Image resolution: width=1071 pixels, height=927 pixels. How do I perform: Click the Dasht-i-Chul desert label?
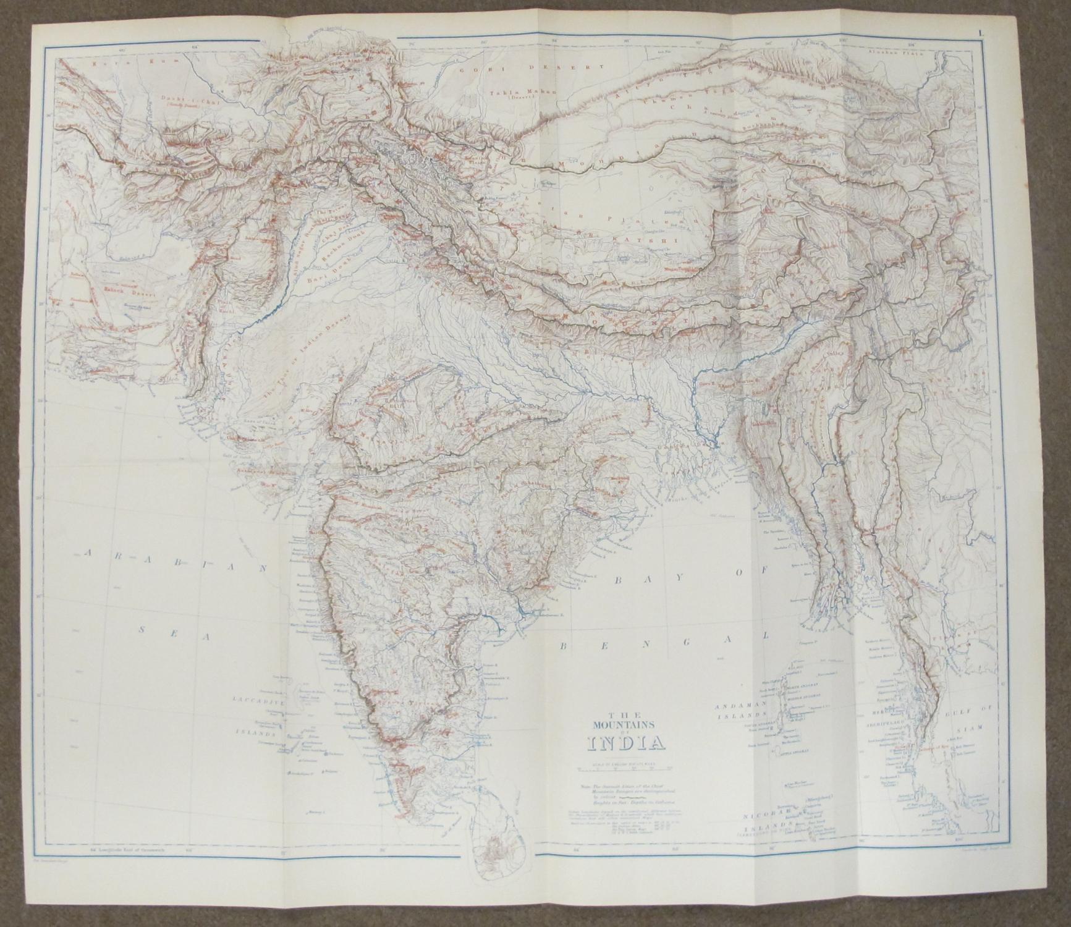pyautogui.click(x=179, y=98)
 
